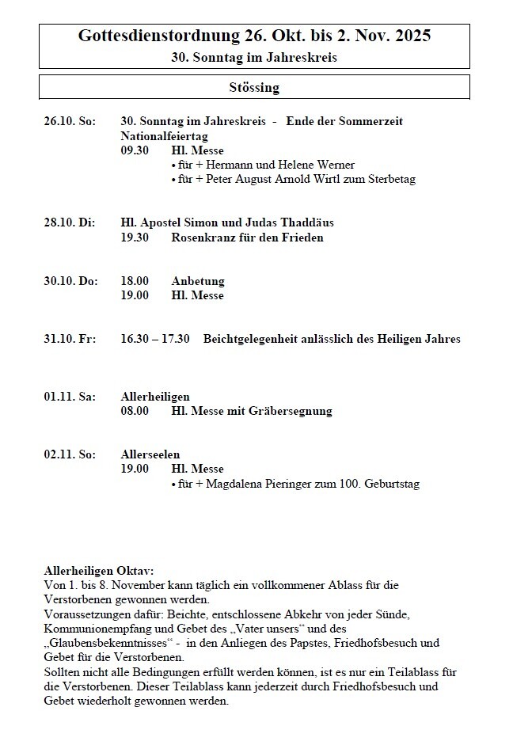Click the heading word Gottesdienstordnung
pyautogui.click(x=155, y=36)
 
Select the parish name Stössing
pyautogui.click(x=254, y=87)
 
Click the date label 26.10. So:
pyautogui.click(x=70, y=121)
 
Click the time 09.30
pyautogui.click(x=135, y=150)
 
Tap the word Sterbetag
pyautogui.click(x=389, y=179)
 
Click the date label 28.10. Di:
pyautogui.click(x=69, y=222)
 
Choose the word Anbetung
pyautogui.click(x=198, y=281)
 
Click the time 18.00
pyautogui.click(x=135, y=281)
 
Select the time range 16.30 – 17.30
pyautogui.click(x=155, y=339)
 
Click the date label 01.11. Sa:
pyautogui.click(x=70, y=397)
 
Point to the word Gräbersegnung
pyautogui.click(x=293, y=411)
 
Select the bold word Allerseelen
pyautogui.click(x=150, y=454)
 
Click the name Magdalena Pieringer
pyautogui.click(x=256, y=484)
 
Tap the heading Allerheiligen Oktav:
pyautogui.click(x=99, y=571)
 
